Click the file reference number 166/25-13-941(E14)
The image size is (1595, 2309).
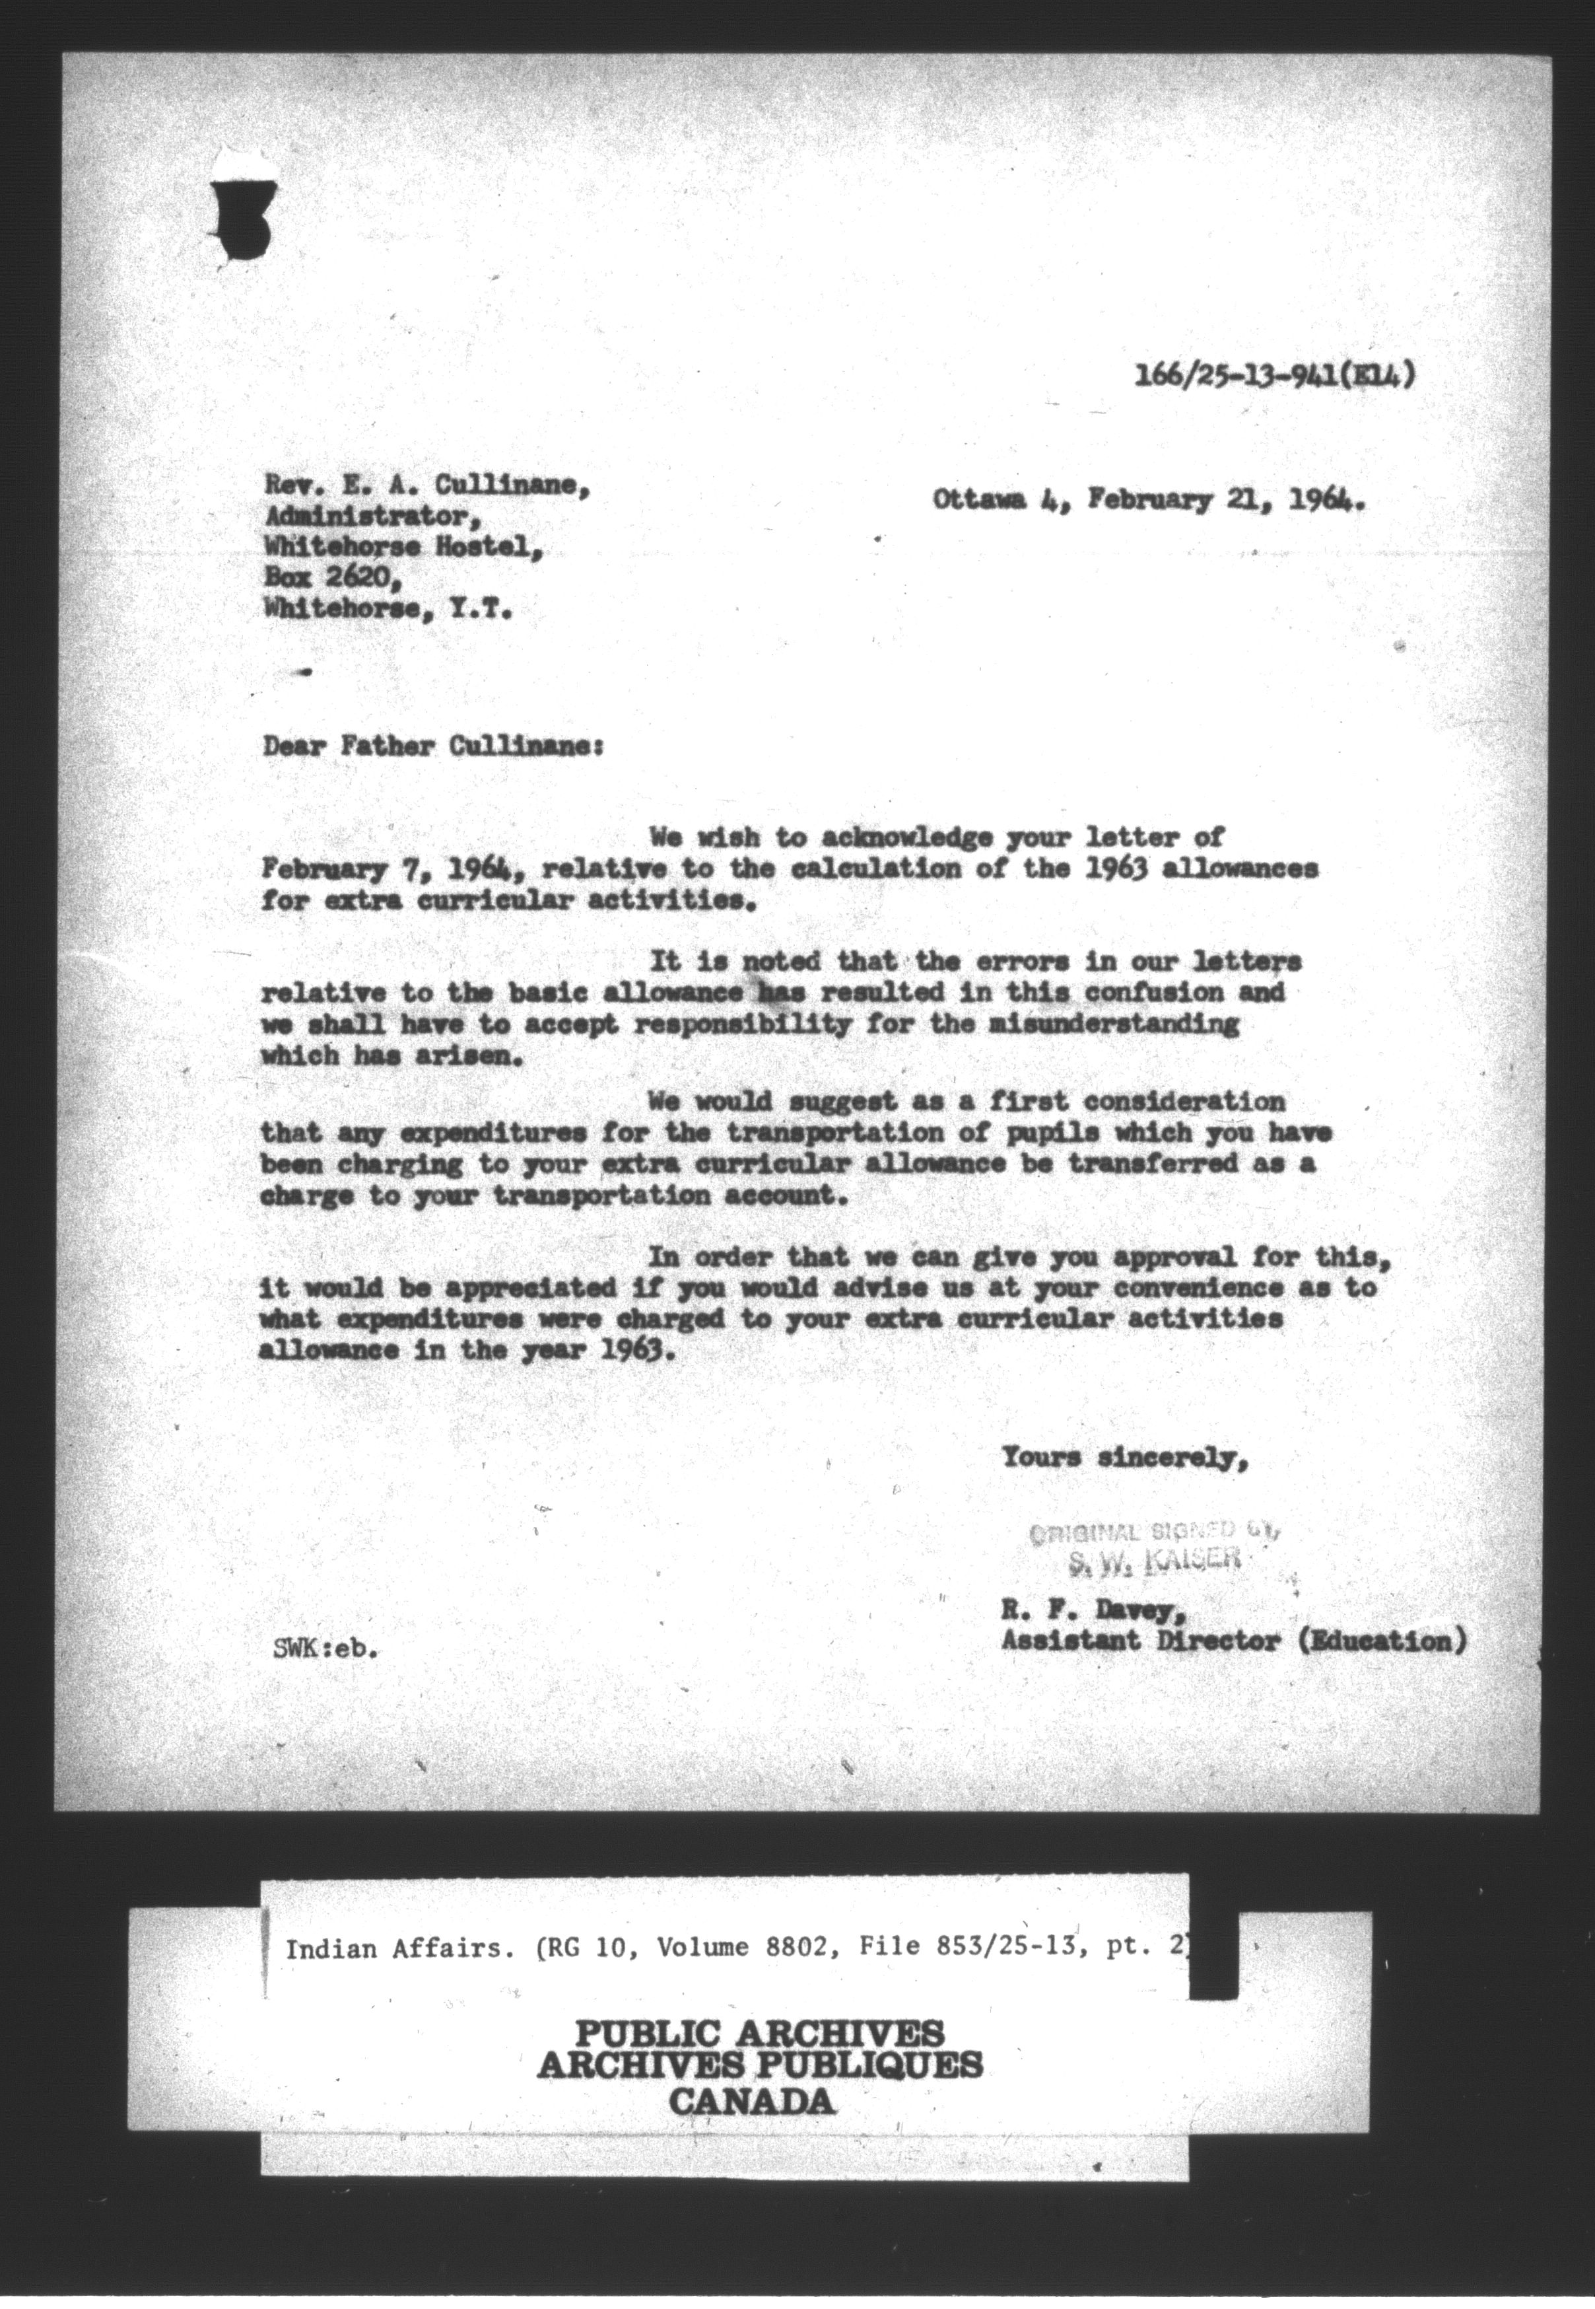pos(1273,377)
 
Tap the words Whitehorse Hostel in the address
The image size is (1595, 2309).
pos(404,547)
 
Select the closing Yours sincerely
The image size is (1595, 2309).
pos(1124,1458)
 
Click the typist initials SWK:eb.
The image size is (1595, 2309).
pos(325,1651)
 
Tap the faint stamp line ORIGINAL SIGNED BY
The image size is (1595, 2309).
pos(1154,1530)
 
